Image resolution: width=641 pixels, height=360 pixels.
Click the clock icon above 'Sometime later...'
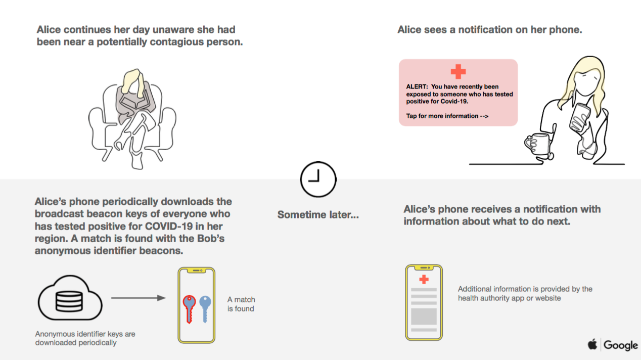[x=318, y=179]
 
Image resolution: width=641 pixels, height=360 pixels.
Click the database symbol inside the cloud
[x=69, y=301]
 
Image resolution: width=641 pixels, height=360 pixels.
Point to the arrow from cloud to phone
[x=139, y=298]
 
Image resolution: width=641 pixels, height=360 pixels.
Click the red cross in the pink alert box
[x=458, y=71]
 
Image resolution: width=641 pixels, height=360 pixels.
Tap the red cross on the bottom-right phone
[x=424, y=279]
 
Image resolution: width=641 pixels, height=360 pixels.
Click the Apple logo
[x=592, y=344]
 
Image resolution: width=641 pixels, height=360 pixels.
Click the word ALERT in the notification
[x=417, y=86]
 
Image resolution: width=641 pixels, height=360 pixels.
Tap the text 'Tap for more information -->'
[x=447, y=116]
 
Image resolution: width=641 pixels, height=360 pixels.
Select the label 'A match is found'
[x=241, y=304]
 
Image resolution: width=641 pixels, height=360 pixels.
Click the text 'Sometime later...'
[x=318, y=214]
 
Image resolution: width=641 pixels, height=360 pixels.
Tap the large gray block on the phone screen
[x=424, y=317]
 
